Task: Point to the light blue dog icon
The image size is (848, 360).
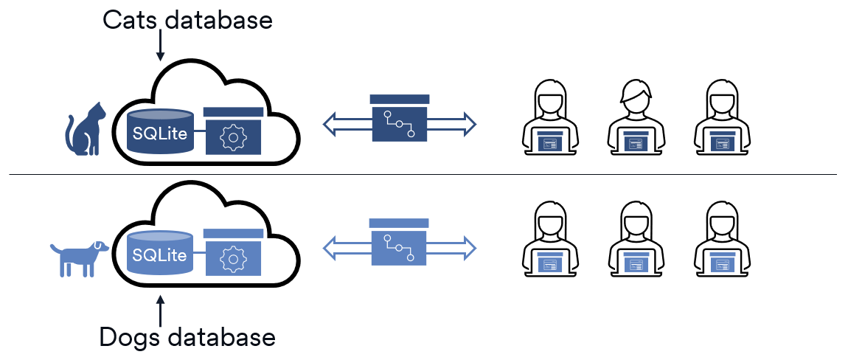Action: click(80, 255)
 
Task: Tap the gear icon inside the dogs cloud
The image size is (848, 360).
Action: click(233, 257)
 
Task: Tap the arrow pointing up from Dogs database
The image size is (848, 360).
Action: click(160, 305)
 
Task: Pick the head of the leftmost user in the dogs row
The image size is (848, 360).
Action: click(549, 217)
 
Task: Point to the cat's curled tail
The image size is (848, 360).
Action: click(71, 133)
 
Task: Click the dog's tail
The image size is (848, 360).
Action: click(55, 248)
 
